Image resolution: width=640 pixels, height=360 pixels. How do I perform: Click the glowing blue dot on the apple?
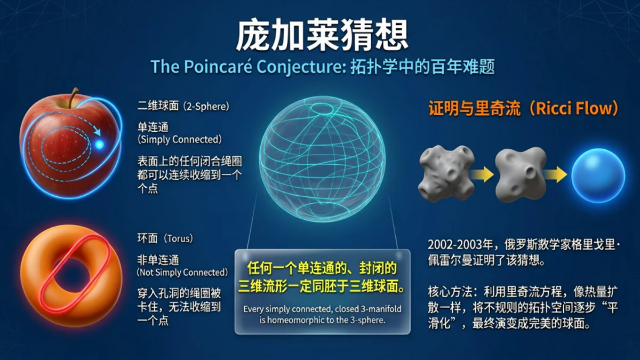(x=100, y=145)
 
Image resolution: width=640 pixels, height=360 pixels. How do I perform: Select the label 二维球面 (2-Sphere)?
(x=183, y=107)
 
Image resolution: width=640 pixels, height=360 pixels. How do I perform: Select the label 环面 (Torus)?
(x=165, y=238)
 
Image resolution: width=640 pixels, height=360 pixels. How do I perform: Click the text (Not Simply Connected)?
(x=182, y=273)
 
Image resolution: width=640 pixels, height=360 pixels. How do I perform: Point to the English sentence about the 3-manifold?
(x=322, y=314)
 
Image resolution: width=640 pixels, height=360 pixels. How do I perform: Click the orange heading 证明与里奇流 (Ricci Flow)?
(x=525, y=109)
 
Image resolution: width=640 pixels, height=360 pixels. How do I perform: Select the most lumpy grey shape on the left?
(x=444, y=173)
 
